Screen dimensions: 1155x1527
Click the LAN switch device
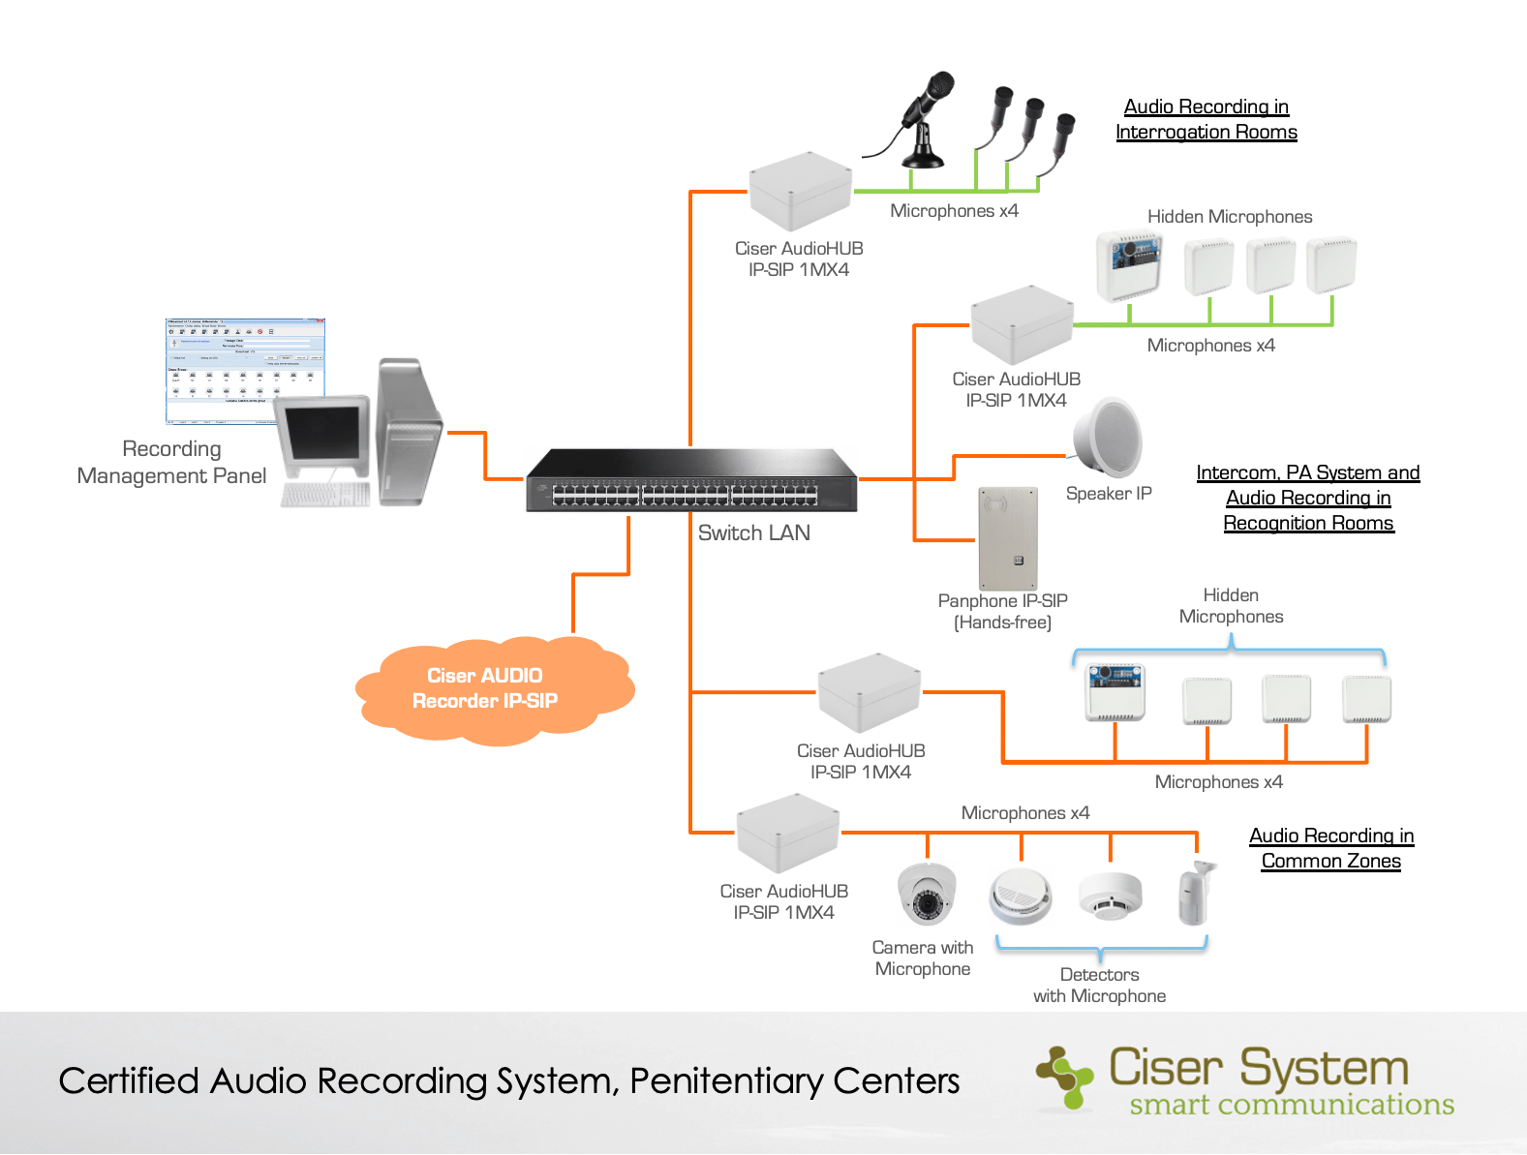point(691,482)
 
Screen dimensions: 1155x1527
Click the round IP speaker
point(1110,437)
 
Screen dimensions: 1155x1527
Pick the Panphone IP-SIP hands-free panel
point(1007,539)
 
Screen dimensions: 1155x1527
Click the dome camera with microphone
point(927,894)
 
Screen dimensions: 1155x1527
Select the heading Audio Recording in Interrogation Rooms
point(1206,119)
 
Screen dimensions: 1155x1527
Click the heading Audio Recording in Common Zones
point(1330,848)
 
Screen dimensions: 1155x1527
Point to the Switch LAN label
point(753,533)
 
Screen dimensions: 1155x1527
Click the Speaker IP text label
point(1109,494)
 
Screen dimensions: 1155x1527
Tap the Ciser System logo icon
point(1066,1078)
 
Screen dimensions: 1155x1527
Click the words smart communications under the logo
point(1291,1106)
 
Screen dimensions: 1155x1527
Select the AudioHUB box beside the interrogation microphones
point(800,191)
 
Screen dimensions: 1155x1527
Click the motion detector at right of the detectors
point(1196,893)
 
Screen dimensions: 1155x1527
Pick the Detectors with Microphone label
point(1099,986)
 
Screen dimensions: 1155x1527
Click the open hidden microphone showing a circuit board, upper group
point(1128,264)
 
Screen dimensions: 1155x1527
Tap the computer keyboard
point(325,495)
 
